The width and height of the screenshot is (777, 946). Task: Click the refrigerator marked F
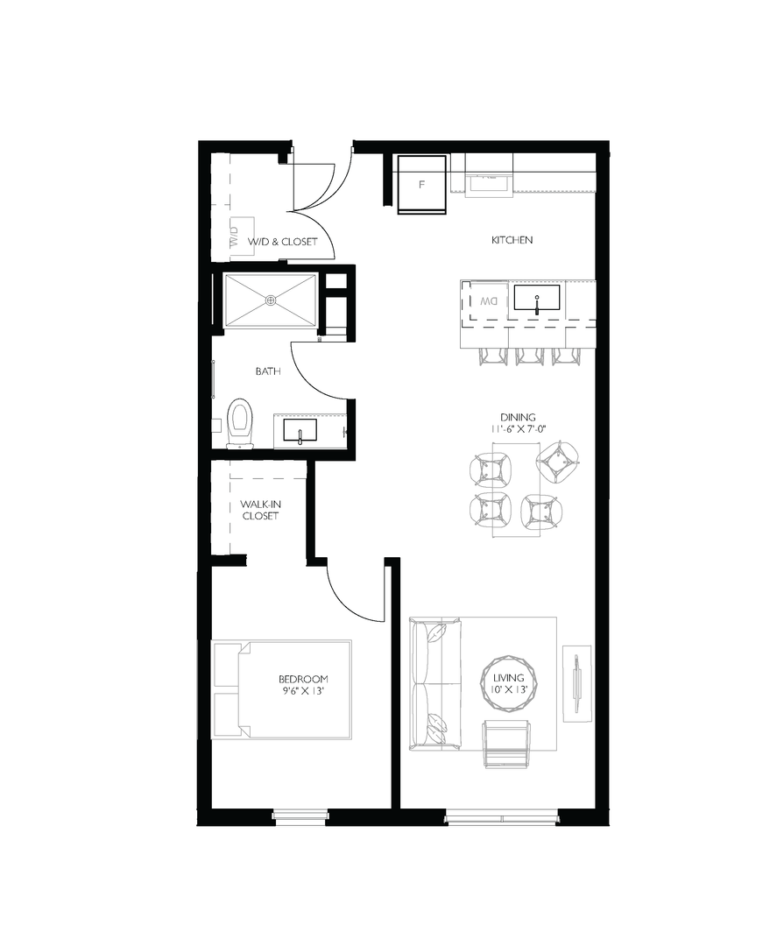(x=421, y=184)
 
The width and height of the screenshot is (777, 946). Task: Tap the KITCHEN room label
(x=512, y=240)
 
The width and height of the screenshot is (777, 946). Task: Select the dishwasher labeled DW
(x=488, y=301)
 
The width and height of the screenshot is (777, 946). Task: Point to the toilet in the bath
(x=238, y=423)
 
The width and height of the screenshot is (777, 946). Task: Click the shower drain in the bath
(x=270, y=300)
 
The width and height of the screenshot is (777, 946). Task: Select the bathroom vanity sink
(x=300, y=432)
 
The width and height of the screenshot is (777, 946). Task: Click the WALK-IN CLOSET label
(x=260, y=511)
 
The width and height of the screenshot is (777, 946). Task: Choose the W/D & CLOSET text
(x=281, y=241)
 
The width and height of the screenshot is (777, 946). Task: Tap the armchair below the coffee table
(x=508, y=743)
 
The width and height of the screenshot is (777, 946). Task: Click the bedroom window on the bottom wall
(x=300, y=816)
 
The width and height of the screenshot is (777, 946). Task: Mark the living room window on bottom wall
(x=500, y=818)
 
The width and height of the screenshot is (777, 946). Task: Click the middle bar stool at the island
(x=531, y=354)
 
